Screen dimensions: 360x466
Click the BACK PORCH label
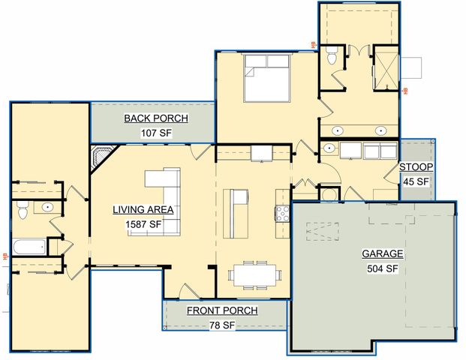(156, 118)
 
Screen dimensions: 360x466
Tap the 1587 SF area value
(143, 223)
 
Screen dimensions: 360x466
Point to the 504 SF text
(382, 268)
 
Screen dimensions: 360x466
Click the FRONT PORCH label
(222, 310)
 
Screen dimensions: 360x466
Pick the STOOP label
(413, 166)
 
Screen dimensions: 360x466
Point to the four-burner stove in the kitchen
(282, 213)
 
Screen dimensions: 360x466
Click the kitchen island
(236, 213)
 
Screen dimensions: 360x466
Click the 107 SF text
(156, 133)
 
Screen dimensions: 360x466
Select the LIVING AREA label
(143, 210)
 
